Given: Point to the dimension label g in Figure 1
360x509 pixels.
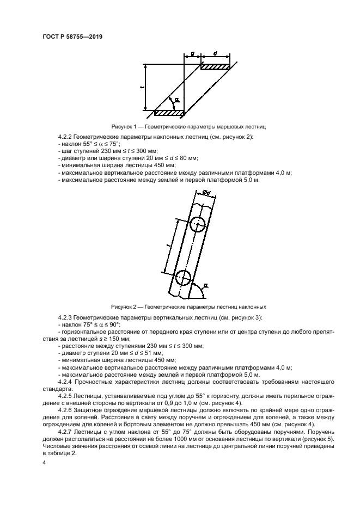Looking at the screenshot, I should click(x=193, y=53).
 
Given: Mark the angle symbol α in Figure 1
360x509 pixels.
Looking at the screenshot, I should click(x=177, y=100).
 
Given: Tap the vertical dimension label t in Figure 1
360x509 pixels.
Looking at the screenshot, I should click(x=141, y=87).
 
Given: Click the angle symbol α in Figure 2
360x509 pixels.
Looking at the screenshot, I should click(x=206, y=284).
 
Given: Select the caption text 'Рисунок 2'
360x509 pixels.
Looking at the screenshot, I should click(x=125, y=306).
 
